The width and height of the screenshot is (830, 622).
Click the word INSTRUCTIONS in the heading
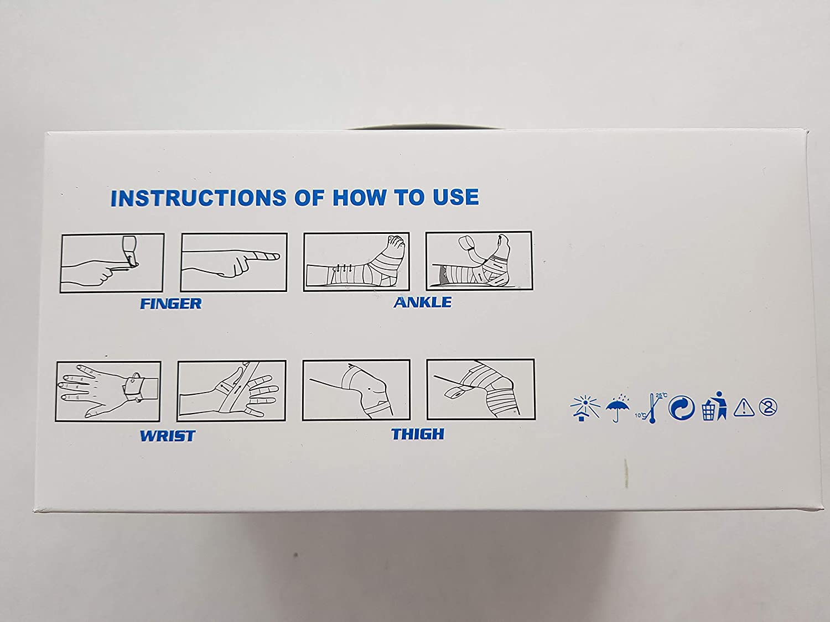[199, 198]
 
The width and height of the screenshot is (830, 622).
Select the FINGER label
[171, 304]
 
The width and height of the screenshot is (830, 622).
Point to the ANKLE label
[422, 302]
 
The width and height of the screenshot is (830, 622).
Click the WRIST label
[168, 436]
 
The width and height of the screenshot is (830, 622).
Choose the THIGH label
[418, 434]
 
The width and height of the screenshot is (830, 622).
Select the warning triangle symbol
[744, 407]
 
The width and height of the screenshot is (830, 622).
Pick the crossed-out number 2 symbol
[768, 407]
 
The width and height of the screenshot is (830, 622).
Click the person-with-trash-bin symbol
[714, 406]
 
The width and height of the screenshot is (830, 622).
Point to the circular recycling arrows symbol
[682, 407]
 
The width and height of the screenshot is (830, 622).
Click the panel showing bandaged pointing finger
[234, 262]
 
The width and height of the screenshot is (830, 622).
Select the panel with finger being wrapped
[112, 263]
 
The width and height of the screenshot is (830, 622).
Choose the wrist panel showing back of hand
[108, 391]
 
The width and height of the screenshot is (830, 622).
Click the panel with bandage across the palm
[231, 390]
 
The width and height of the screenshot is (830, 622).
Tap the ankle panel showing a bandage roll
[479, 261]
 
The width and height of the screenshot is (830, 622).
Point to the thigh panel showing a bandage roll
[481, 389]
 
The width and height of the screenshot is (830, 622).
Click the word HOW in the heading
[360, 197]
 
